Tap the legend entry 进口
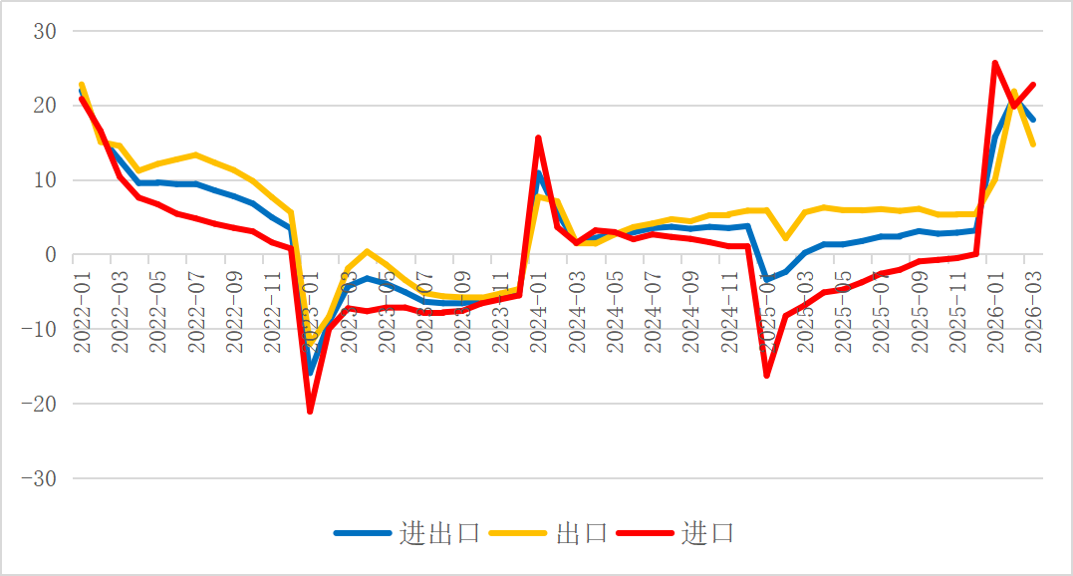[x=708, y=533]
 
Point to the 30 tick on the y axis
[x=46, y=32]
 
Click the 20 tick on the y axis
[x=46, y=106]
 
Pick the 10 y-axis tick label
[x=46, y=180]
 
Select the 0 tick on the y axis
[x=51, y=255]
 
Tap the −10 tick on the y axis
[x=39, y=330]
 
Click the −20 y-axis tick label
[x=39, y=405]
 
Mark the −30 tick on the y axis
[x=39, y=479]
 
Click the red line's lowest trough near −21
[x=310, y=411]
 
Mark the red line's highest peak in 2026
[x=995, y=63]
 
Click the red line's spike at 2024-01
[x=539, y=139]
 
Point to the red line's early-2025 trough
[x=767, y=375]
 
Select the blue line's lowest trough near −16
[x=310, y=374]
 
